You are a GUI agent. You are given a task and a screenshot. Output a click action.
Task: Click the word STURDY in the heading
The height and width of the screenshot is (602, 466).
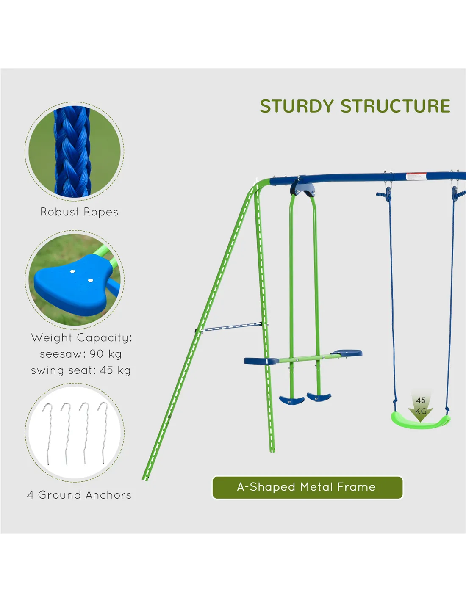[297, 106]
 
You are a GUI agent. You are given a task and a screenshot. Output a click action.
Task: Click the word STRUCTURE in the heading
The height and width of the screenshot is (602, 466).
[396, 106]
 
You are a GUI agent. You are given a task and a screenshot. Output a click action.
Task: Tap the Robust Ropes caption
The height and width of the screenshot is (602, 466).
[79, 212]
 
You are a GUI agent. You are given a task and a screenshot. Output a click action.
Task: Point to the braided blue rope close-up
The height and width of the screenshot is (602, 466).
[72, 152]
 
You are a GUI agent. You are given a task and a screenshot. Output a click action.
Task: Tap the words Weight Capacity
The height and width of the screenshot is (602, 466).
[81, 338]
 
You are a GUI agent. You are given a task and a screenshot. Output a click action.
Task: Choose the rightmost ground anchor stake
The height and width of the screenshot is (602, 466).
[103, 433]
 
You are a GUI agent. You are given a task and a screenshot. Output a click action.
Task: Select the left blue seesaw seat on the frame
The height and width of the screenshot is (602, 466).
[261, 361]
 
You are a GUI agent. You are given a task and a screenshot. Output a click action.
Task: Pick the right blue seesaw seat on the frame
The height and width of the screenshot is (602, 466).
[347, 353]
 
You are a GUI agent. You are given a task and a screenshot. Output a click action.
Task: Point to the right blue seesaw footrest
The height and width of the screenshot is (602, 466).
[319, 397]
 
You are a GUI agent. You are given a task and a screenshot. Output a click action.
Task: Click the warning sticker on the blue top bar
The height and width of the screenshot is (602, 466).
[416, 176]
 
